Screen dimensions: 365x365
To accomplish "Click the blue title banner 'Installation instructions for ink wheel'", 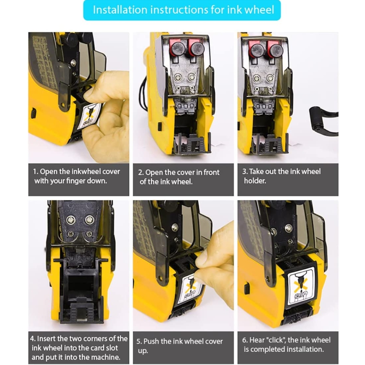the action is pos(182,10).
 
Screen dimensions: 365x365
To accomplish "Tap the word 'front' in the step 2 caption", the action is pos(211,172).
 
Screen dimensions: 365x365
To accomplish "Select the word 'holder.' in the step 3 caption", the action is pos(255,181).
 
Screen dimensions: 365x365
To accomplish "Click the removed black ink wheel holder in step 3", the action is pos(324,121).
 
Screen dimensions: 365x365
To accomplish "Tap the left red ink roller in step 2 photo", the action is pos(177,49).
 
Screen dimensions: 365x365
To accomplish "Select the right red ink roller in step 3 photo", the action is pos(275,49).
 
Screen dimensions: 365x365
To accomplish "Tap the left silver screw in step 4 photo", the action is pos(71,220).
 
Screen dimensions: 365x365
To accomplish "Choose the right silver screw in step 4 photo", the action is pos(89,219).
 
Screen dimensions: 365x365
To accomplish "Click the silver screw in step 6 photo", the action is pos(289,228).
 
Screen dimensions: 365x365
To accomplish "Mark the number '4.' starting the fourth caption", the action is pos(33,339).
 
